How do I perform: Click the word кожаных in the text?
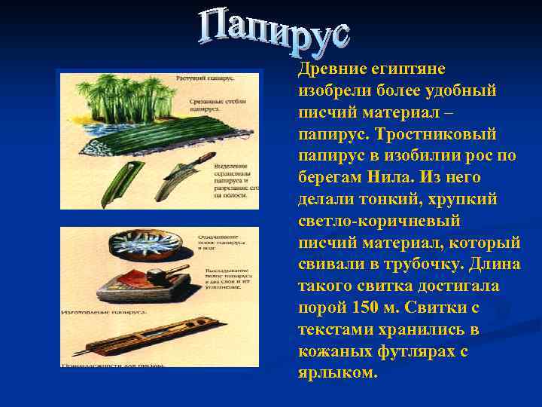(x=334, y=352)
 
